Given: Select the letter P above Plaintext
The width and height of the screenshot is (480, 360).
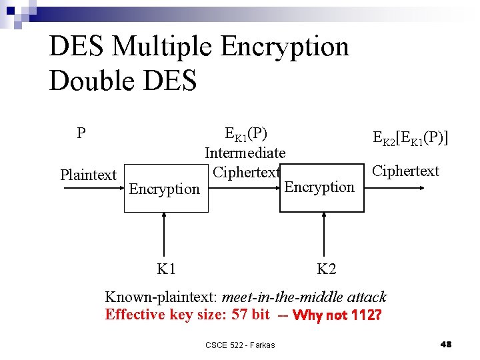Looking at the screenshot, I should [x=81, y=133].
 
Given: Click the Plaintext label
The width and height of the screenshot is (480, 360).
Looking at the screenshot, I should [x=88, y=175].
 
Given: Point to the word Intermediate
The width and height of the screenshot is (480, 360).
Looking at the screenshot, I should [x=245, y=153].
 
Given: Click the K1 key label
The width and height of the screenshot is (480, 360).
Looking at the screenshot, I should [x=166, y=269].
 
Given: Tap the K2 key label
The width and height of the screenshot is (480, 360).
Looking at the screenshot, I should [x=326, y=269].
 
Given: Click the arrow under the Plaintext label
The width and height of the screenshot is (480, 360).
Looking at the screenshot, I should [x=93, y=189].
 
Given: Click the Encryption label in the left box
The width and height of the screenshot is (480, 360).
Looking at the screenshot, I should [x=164, y=189].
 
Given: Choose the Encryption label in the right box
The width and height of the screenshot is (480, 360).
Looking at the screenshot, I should [x=319, y=187].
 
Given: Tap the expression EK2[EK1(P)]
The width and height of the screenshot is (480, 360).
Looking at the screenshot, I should [x=411, y=138].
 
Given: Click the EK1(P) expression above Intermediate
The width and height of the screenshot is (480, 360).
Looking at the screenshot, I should [x=246, y=135].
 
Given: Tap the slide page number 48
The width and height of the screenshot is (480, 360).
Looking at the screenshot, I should [x=447, y=344].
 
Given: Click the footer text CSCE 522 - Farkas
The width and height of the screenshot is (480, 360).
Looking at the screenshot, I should [x=240, y=345].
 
